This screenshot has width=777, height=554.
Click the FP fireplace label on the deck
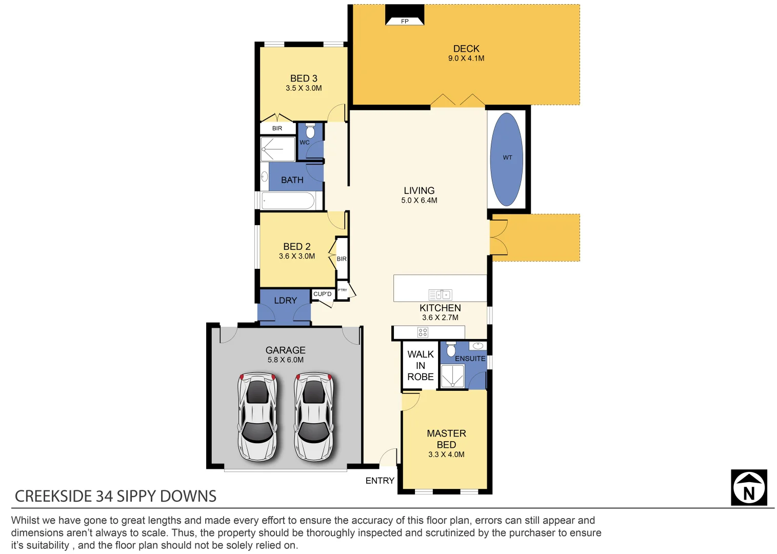pyautogui.click(x=405, y=21)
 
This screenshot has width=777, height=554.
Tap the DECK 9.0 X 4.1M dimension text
pyautogui.click(x=466, y=58)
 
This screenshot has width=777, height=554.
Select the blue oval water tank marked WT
pyautogui.click(x=507, y=159)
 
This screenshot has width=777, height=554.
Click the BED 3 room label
pyautogui.click(x=304, y=78)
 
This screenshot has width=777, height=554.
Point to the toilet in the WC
pyautogui.click(x=310, y=131)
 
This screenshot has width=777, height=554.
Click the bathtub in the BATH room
pyautogui.click(x=288, y=201)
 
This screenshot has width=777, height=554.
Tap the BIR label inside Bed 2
pyautogui.click(x=342, y=259)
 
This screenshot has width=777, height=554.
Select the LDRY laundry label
pyautogui.click(x=285, y=301)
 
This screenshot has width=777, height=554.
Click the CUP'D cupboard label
pyautogui.click(x=322, y=294)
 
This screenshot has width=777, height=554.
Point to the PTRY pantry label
pyautogui.click(x=343, y=290)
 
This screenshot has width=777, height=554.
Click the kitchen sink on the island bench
pyautogui.click(x=440, y=294)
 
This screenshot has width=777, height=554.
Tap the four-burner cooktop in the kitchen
pyautogui.click(x=423, y=332)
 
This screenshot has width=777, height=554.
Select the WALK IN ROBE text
pyautogui.click(x=421, y=365)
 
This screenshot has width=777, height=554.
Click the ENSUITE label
pyautogui.click(x=470, y=359)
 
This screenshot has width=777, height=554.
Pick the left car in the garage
pyautogui.click(x=257, y=417)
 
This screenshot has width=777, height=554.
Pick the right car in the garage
pyautogui.click(x=313, y=417)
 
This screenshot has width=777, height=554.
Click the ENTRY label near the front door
pyautogui.click(x=380, y=481)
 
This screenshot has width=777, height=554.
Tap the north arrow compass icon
pyautogui.click(x=749, y=487)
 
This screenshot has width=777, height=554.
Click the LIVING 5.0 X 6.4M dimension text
pyautogui.click(x=419, y=201)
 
